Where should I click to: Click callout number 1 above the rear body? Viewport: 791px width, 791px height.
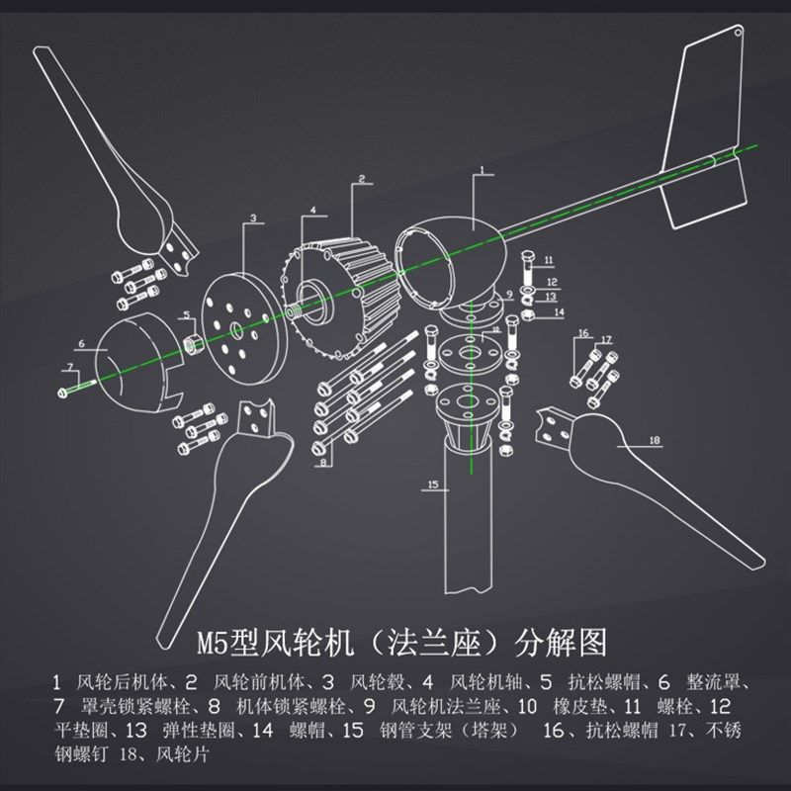click(x=482, y=171)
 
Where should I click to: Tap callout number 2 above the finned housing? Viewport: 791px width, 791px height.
click(x=362, y=179)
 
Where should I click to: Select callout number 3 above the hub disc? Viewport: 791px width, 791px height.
click(x=253, y=218)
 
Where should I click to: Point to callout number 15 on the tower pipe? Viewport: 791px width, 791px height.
click(x=431, y=484)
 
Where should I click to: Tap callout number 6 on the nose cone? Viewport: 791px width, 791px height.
click(x=81, y=345)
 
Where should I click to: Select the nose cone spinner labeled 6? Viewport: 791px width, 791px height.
click(x=138, y=361)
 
